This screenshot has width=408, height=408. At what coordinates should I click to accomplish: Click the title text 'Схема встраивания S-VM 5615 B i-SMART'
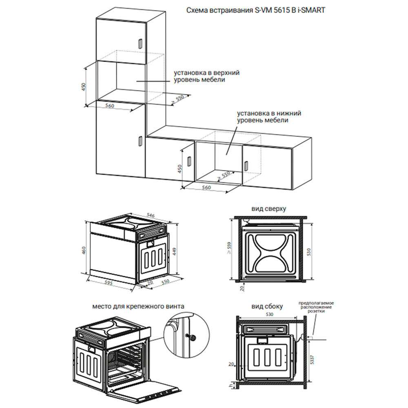[x=256, y=10]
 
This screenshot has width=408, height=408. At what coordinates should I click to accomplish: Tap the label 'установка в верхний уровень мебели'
[x=206, y=76]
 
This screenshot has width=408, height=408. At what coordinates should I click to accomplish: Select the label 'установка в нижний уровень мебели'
[x=269, y=117]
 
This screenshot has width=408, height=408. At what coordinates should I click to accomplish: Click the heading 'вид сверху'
[x=268, y=208]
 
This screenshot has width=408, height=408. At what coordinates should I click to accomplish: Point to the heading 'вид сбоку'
[x=267, y=306]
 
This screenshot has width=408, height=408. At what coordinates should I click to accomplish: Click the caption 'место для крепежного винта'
[x=138, y=306]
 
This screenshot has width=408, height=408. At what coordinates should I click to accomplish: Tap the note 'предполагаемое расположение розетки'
[x=316, y=307]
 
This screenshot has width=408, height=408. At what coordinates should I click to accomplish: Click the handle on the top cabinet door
[x=140, y=43]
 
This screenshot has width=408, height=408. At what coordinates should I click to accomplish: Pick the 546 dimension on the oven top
[x=151, y=215]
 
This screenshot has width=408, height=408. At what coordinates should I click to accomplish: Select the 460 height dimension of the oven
[x=84, y=251]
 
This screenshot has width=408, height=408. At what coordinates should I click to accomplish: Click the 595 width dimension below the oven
[x=108, y=282]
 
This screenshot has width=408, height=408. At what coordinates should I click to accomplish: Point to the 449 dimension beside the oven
[x=174, y=251]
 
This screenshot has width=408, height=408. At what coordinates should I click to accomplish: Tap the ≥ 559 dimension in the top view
[x=229, y=248]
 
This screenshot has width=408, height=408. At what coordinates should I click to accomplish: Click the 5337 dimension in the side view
[x=312, y=359]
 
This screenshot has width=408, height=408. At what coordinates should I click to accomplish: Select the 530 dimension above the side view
[x=270, y=314]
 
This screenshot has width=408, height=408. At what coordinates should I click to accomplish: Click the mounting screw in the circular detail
[x=193, y=337]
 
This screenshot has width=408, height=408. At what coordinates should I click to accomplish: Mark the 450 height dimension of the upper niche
[x=84, y=86]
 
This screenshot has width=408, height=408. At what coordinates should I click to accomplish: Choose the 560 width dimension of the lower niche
[x=206, y=187]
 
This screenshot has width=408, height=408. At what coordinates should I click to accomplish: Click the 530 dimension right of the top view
[x=308, y=252]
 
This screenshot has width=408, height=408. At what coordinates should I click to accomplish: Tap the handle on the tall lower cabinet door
[x=140, y=141]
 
